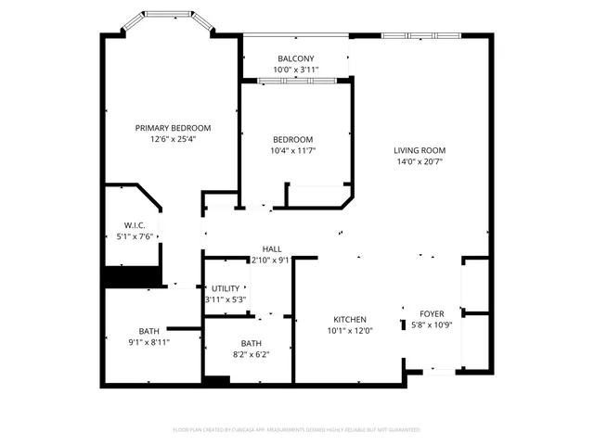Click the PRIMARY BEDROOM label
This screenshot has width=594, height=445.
(x=173, y=128)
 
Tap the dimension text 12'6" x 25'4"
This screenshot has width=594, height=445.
(x=173, y=139)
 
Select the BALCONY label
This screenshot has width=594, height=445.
(x=296, y=58)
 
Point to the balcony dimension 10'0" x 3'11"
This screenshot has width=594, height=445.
(x=296, y=70)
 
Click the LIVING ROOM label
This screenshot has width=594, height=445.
(x=420, y=150)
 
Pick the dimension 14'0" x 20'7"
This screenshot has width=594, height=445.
(x=420, y=161)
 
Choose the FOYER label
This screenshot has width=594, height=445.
(x=432, y=313)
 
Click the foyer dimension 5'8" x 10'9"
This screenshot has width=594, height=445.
(x=432, y=324)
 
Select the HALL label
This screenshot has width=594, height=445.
(x=272, y=248)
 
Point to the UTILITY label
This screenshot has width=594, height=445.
(x=226, y=288)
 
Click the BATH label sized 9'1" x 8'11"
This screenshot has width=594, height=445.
(x=148, y=331)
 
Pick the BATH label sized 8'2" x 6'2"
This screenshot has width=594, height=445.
(x=251, y=343)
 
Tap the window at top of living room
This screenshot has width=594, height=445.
(x=420, y=36)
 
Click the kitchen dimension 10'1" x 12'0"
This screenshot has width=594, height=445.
(x=349, y=331)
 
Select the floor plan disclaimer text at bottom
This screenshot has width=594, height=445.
(x=296, y=430)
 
